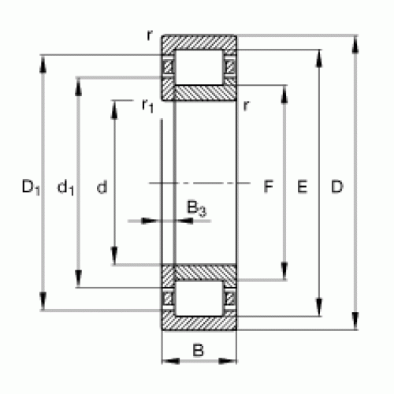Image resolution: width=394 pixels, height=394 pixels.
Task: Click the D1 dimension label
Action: [31, 187]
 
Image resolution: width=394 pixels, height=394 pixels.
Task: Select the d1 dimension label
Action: [65, 187]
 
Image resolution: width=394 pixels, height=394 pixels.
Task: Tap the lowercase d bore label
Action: [102, 187]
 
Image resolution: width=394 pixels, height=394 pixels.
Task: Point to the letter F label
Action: [268, 187]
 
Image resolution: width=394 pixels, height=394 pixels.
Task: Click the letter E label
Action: [302, 187]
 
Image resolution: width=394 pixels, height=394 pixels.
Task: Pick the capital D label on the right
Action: [337, 187]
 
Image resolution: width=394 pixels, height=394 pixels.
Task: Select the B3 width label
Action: [196, 209]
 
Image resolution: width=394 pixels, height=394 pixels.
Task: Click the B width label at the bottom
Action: [198, 350]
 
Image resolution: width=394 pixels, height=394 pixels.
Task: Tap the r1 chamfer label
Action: [147, 106]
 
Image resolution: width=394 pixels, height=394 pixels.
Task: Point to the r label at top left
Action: [150, 35]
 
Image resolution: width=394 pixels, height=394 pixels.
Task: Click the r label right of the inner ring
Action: [246, 106]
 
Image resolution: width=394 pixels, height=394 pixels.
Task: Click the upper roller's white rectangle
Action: [199, 67]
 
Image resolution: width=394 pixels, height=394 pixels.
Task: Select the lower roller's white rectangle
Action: [199, 299]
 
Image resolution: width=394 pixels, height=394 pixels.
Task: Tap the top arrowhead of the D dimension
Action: [355, 44]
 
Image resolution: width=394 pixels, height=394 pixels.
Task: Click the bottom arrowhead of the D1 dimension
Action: [43, 302]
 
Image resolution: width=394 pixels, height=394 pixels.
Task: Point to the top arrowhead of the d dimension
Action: [114, 109]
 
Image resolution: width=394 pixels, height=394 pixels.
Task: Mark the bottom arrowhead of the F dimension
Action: [284, 271]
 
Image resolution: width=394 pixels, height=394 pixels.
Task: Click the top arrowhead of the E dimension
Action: [319, 58]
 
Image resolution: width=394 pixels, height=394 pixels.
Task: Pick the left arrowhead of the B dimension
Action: [171, 361]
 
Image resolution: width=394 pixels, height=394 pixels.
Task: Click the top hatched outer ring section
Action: [199, 43]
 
